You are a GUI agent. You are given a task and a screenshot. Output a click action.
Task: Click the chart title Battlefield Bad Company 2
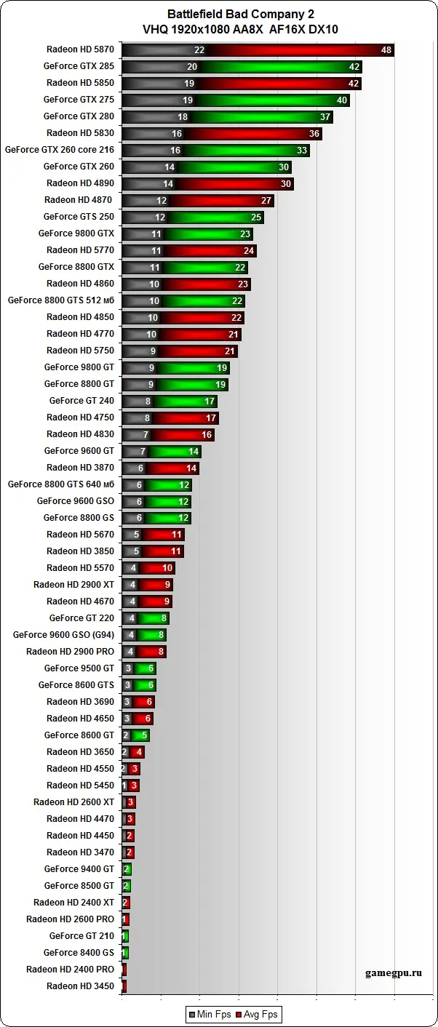click(231, 14)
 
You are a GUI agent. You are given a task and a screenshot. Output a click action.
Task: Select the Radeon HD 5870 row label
click(80, 49)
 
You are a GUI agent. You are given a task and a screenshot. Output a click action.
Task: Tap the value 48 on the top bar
click(386, 49)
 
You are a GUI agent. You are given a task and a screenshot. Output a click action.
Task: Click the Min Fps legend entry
click(210, 1014)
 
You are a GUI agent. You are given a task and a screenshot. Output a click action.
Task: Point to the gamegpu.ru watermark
click(394, 972)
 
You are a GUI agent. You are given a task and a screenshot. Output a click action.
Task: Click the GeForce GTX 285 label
click(79, 66)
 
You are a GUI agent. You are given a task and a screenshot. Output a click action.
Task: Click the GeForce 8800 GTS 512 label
click(61, 300)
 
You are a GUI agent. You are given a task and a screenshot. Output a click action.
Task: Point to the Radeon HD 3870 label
click(80, 467)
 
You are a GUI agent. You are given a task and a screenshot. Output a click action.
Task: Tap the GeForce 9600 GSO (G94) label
click(63, 634)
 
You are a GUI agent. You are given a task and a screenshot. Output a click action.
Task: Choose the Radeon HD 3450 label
click(80, 986)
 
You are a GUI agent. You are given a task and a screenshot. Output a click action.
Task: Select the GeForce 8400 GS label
click(79, 952)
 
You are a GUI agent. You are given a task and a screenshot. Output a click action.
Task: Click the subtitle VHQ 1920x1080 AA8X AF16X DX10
click(231, 29)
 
